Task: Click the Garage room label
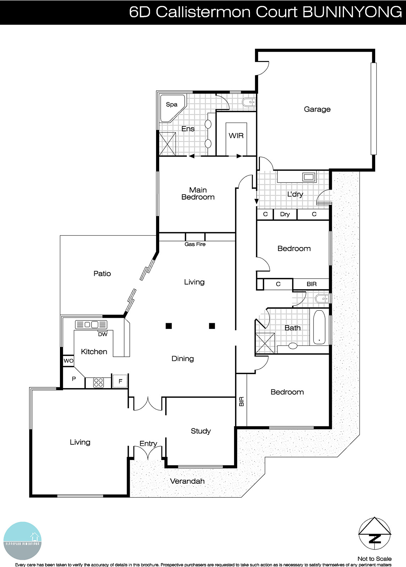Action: coord(317,110)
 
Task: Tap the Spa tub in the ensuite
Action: coord(172,106)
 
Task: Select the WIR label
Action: coord(236,136)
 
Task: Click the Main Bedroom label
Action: coord(198,193)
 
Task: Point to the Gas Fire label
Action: coord(195,244)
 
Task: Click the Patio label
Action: coord(102,274)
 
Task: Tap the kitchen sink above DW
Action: coord(91,324)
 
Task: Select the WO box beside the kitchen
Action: coord(68,361)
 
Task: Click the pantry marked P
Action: coord(74,379)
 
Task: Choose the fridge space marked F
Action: coord(120,381)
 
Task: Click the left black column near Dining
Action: coord(169,326)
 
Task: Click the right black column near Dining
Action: coord(212,326)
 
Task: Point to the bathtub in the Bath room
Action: coord(319,327)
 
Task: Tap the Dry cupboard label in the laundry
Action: coord(285,214)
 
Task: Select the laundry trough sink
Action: coord(308,176)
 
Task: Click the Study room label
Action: coord(201,431)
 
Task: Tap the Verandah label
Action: coord(187,481)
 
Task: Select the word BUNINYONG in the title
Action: coord(352,12)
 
